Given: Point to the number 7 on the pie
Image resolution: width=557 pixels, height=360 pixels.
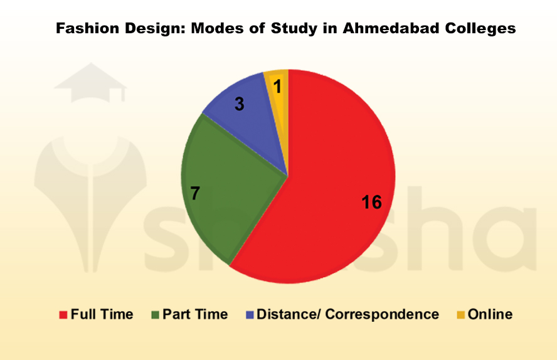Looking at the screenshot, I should click(195, 194).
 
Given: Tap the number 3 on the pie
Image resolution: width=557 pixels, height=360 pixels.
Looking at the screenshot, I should click(239, 104).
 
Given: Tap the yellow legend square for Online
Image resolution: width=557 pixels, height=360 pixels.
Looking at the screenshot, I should click(460, 314).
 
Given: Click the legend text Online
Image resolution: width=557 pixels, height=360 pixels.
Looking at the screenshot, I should click(490, 314).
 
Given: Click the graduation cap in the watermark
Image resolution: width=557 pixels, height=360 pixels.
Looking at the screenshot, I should click(90, 82).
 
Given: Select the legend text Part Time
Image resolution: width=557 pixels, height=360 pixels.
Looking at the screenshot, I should click(195, 314).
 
